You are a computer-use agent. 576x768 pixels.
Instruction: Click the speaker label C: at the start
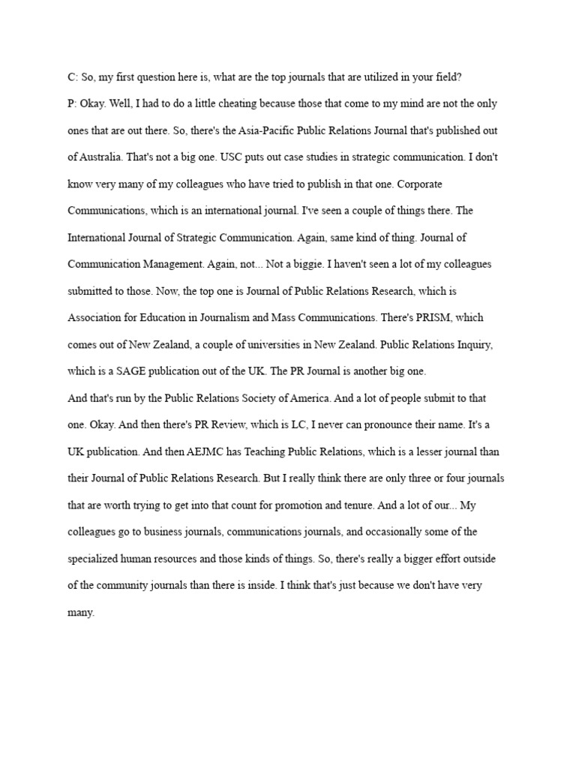coord(72,76)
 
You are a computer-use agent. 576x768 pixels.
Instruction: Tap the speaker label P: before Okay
coord(72,103)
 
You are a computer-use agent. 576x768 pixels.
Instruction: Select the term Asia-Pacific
coord(244,130)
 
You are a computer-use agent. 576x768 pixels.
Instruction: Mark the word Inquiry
coord(470,344)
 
